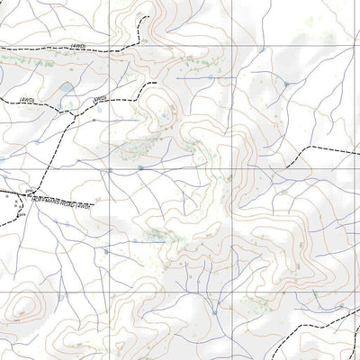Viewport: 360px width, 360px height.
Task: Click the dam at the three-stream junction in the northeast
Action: coord(286,84)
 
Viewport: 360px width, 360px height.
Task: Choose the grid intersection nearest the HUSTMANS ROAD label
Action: coord(111,169)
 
